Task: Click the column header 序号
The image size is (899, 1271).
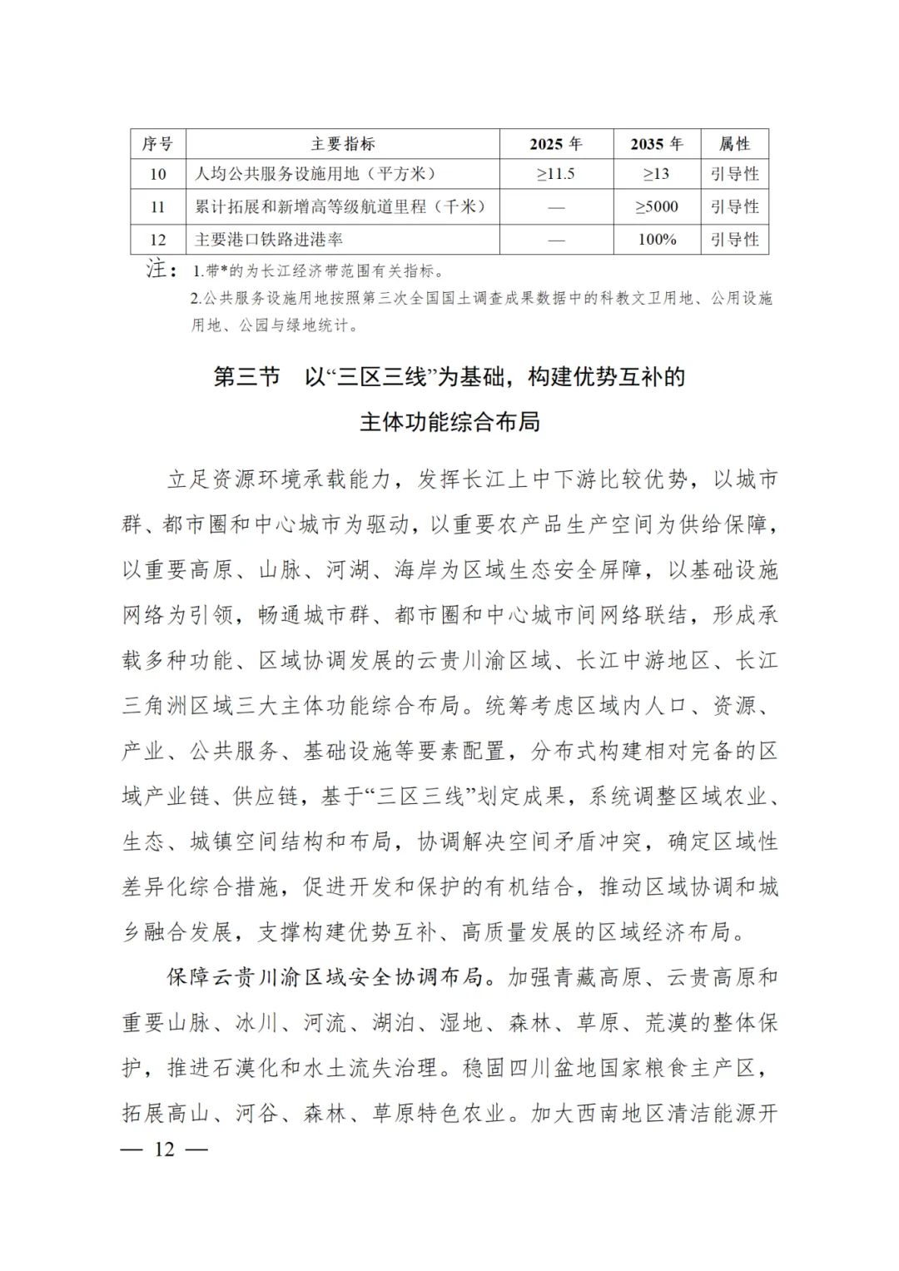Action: [x=157, y=144]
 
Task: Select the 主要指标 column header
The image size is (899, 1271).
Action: [x=343, y=144]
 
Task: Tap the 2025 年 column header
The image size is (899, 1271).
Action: [x=556, y=144]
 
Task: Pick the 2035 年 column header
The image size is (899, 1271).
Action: [x=657, y=144]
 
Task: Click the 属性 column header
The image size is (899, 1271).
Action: [x=734, y=144]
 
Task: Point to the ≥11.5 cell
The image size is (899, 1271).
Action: [x=556, y=174]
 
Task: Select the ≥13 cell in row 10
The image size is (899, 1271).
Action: [x=657, y=174]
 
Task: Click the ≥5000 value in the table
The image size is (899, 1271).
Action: [x=657, y=206]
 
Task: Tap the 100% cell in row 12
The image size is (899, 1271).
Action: [x=657, y=240]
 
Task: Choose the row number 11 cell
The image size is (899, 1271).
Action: [x=157, y=206]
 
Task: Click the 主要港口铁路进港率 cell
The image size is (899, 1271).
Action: [x=269, y=240]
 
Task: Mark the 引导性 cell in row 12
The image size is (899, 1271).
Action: [x=734, y=240]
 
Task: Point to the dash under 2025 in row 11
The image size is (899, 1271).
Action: [x=556, y=207]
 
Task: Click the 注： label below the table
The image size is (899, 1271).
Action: [x=161, y=270]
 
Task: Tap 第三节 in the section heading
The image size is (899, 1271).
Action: [x=247, y=377]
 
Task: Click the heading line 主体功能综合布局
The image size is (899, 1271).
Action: [x=449, y=422]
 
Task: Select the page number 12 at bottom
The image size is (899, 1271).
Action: [x=165, y=1149]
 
